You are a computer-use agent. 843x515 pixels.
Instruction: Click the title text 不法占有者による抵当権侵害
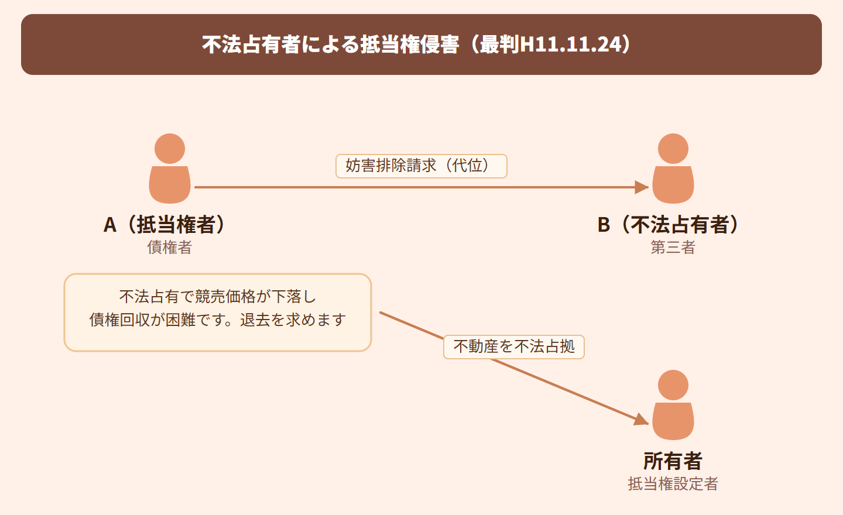(x=331, y=44)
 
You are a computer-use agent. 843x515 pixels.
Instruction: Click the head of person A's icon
(x=170, y=149)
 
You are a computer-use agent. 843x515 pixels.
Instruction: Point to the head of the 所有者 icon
(x=673, y=385)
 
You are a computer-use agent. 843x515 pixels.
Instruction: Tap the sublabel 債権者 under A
(x=169, y=248)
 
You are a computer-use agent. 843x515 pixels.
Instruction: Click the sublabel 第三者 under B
(x=673, y=248)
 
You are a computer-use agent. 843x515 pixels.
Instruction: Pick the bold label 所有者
(x=673, y=461)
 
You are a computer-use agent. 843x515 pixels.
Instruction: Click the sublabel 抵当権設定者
(x=673, y=484)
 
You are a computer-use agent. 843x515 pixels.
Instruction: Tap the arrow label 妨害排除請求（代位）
(x=421, y=166)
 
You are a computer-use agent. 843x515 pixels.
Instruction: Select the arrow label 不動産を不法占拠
(x=514, y=347)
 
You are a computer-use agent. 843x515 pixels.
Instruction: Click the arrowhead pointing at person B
(x=642, y=187)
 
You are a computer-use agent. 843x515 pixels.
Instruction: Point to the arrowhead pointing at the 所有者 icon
(x=642, y=420)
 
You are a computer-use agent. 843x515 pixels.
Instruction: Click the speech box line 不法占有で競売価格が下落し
(x=218, y=297)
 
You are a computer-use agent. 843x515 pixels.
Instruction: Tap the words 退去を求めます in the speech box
(x=293, y=320)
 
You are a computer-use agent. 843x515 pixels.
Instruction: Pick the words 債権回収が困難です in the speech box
(x=157, y=320)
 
